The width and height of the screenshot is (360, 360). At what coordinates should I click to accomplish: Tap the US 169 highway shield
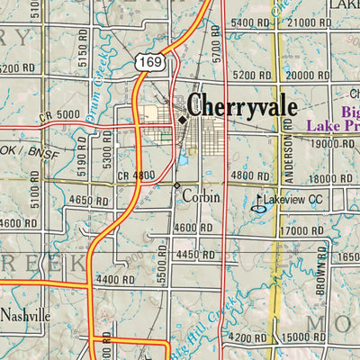(x=149, y=63)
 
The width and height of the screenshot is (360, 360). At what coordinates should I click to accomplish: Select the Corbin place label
(x=201, y=193)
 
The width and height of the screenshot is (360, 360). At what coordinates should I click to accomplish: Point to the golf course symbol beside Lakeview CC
(x=259, y=203)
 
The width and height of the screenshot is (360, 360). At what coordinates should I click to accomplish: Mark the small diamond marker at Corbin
(x=176, y=185)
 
